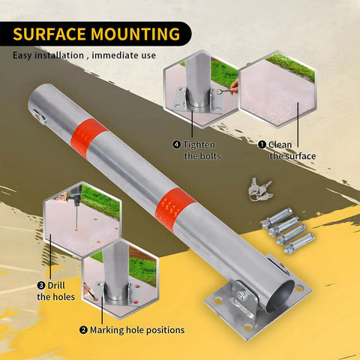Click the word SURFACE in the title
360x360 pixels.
tap(49, 34)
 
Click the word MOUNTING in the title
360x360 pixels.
tap(135, 34)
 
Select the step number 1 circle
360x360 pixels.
tap(262, 145)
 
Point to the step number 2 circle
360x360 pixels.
tap(83, 330)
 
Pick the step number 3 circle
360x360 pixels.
tap(41, 285)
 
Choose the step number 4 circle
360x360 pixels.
tap(176, 145)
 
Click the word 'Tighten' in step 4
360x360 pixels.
tap(199, 145)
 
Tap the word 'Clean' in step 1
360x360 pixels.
tap(280, 145)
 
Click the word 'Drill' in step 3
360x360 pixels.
tap(56, 285)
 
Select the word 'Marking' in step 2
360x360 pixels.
tap(106, 330)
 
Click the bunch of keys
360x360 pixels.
tap(259, 189)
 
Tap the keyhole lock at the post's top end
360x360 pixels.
tap(39, 117)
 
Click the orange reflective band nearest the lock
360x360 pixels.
tap(88, 137)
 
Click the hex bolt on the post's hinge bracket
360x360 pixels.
tap(241, 295)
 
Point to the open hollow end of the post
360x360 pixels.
tap(280, 296)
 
